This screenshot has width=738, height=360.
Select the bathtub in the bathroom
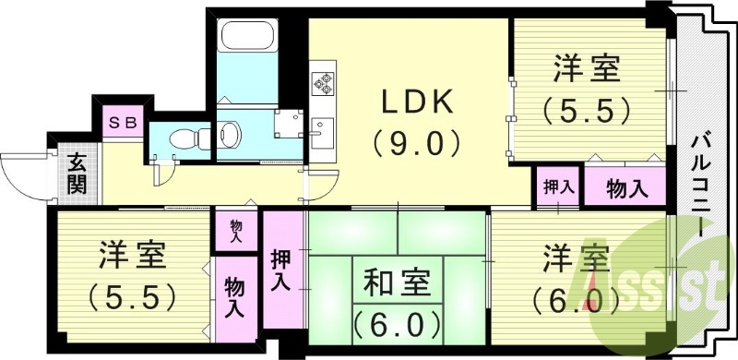(244, 37)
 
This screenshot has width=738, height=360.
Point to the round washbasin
(230, 136)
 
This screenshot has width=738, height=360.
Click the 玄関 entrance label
(77, 174)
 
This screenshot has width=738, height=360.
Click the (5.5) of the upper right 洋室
(589, 110)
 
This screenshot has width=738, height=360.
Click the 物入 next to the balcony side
(625, 187)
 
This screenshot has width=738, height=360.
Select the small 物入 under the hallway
(236, 231)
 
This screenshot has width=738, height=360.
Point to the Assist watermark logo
(660, 282)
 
